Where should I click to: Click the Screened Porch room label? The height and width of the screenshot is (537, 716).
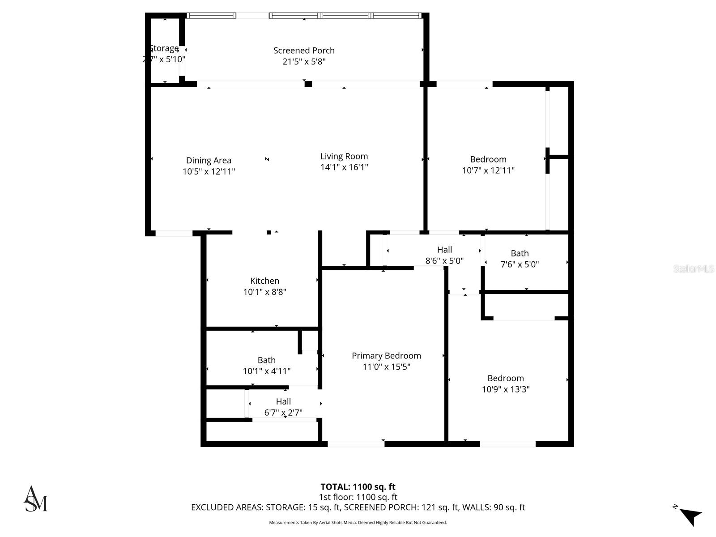click(x=304, y=51)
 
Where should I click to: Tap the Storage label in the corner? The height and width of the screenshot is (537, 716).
click(x=164, y=48)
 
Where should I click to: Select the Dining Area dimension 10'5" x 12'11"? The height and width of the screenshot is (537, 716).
click(x=209, y=171)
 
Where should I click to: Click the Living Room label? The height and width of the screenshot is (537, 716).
click(x=344, y=156)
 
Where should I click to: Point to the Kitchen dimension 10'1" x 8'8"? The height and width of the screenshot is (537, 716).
click(x=264, y=292)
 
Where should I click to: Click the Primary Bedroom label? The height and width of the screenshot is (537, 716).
click(x=386, y=356)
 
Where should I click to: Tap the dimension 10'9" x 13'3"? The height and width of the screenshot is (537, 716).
click(x=506, y=389)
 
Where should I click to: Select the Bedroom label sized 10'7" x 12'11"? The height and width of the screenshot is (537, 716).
click(x=488, y=159)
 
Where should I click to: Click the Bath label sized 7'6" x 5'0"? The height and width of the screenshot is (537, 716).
click(x=520, y=253)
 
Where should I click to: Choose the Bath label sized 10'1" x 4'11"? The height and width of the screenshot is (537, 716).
click(x=266, y=360)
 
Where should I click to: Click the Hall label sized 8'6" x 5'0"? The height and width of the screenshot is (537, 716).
click(x=444, y=250)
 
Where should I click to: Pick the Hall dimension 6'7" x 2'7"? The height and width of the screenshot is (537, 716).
click(x=283, y=413)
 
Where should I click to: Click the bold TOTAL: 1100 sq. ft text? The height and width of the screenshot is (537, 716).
click(x=358, y=487)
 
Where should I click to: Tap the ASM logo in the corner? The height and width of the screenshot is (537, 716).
click(x=35, y=499)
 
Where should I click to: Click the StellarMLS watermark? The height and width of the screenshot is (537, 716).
click(x=693, y=269)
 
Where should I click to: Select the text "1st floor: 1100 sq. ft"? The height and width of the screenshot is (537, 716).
click(x=358, y=497)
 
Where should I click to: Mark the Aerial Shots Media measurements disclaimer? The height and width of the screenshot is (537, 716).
click(x=358, y=523)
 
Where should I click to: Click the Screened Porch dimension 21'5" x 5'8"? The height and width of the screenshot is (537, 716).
click(x=304, y=62)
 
